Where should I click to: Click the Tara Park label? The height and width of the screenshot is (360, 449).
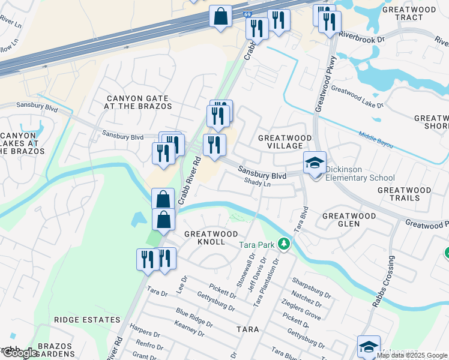click(256, 245)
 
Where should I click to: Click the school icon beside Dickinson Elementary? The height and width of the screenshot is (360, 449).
click(315, 163)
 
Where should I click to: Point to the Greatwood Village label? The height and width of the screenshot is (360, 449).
click(285, 142)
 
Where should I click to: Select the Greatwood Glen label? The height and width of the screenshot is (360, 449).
click(349, 220)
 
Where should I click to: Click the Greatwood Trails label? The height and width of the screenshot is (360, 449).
click(404, 194)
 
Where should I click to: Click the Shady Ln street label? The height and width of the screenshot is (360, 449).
click(258, 185)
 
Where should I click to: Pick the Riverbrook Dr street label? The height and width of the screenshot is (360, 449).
click(361, 37)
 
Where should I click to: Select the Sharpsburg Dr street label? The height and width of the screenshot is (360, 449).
click(312, 287)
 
